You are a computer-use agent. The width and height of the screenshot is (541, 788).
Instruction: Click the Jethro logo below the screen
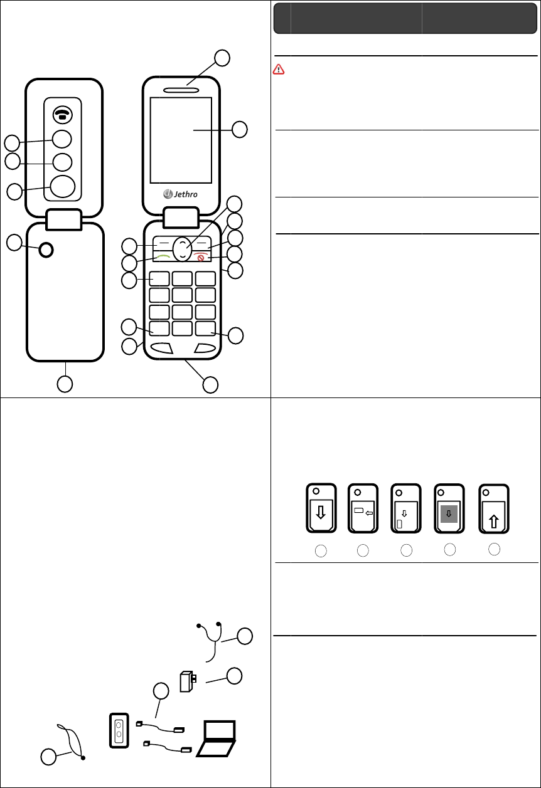[x=181, y=193]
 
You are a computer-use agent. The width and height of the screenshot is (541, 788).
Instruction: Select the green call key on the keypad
[x=164, y=257]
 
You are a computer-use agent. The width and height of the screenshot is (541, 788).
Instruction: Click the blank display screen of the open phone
[x=181, y=139]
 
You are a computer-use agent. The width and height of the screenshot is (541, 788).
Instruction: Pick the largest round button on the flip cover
[x=62, y=186]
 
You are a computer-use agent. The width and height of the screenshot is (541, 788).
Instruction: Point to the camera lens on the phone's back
[x=46, y=250]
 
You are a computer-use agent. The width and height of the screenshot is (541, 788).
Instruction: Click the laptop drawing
[x=217, y=738]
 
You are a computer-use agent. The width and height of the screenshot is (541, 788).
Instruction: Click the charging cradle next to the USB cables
[x=119, y=730]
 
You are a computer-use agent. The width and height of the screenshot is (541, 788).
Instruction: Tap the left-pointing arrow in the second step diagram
[x=369, y=512]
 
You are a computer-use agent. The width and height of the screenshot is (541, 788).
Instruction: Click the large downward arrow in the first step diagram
[x=321, y=513]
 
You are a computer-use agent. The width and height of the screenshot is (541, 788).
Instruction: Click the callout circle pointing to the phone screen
[x=239, y=130]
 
